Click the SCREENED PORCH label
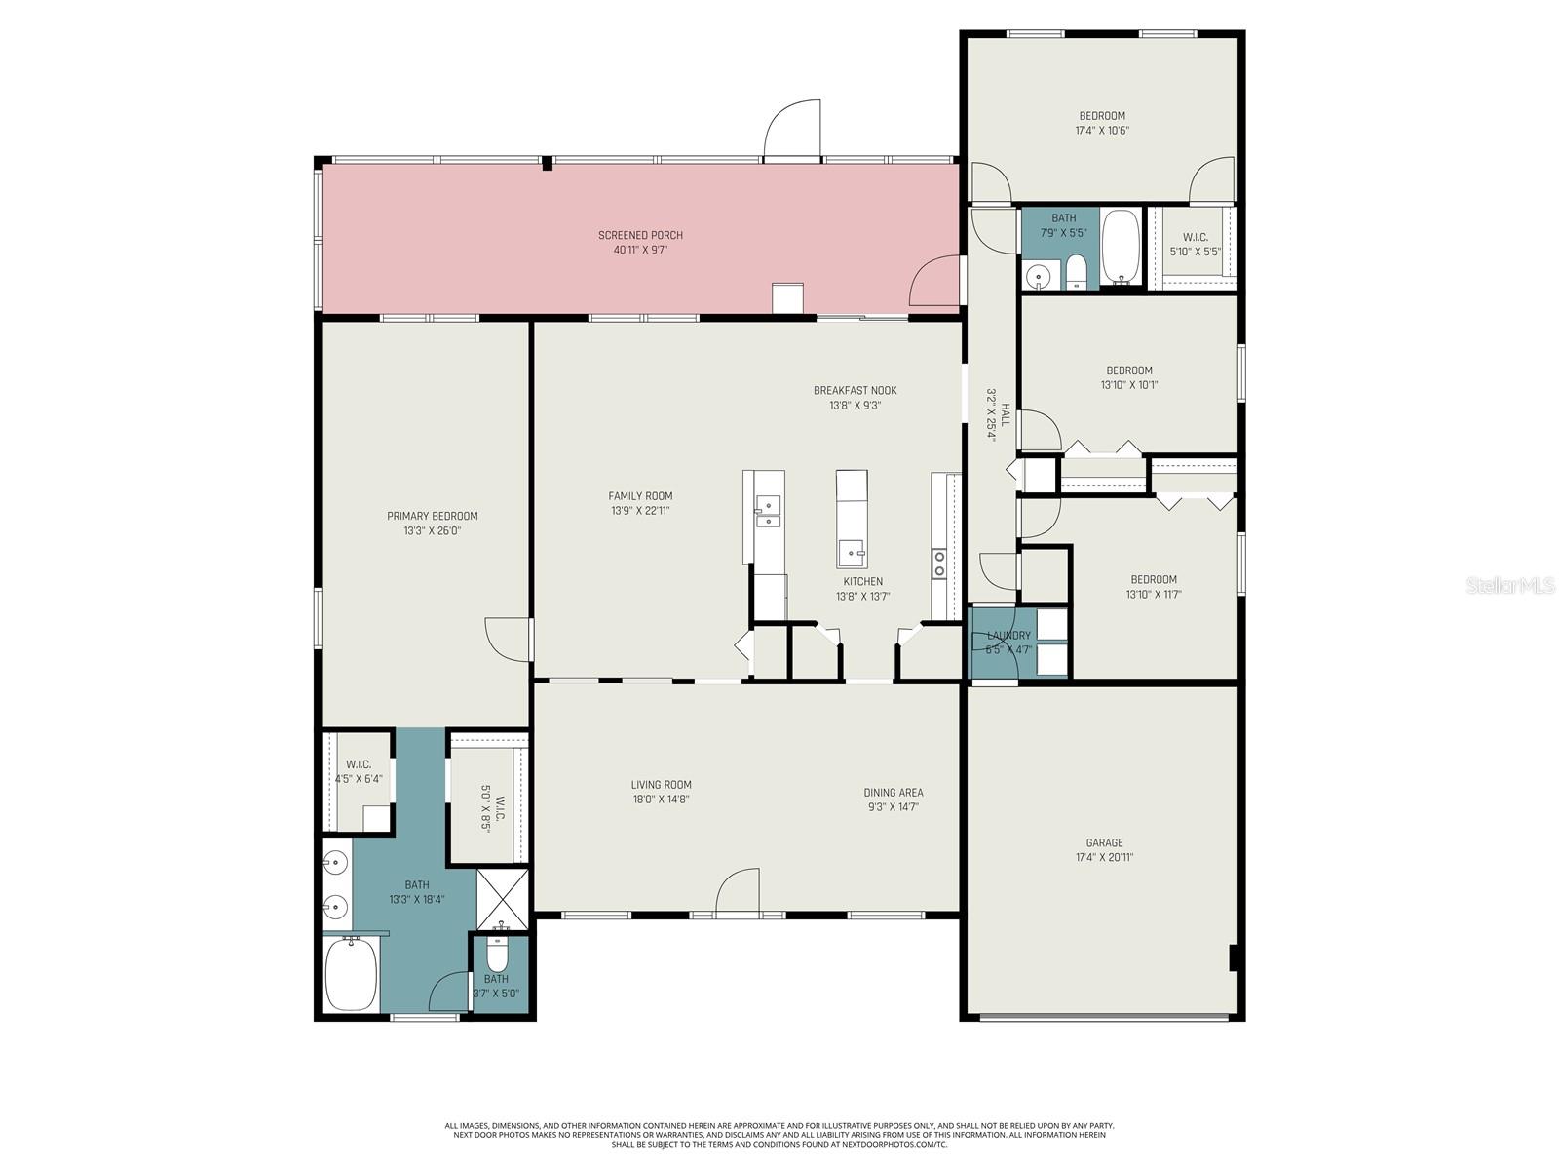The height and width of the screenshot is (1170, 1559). point(640,235)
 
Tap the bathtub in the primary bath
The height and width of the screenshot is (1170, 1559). point(351,974)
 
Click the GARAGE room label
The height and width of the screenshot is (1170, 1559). point(1104,842)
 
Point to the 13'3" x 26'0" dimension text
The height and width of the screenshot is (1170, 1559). point(432,531)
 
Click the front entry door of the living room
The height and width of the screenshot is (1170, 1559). point(738,894)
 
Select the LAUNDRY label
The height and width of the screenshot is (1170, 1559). point(1008,636)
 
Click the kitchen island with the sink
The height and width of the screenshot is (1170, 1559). point(852,520)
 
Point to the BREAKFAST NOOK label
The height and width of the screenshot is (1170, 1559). point(855,390)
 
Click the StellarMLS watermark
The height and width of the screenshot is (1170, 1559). point(1509,586)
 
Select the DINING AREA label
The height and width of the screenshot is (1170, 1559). point(893,793)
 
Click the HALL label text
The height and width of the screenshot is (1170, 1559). point(1006,416)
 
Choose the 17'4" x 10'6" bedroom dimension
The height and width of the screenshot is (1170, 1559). point(1102,131)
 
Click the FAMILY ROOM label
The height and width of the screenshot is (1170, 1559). point(640,496)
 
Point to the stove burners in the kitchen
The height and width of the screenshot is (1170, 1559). point(939,563)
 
